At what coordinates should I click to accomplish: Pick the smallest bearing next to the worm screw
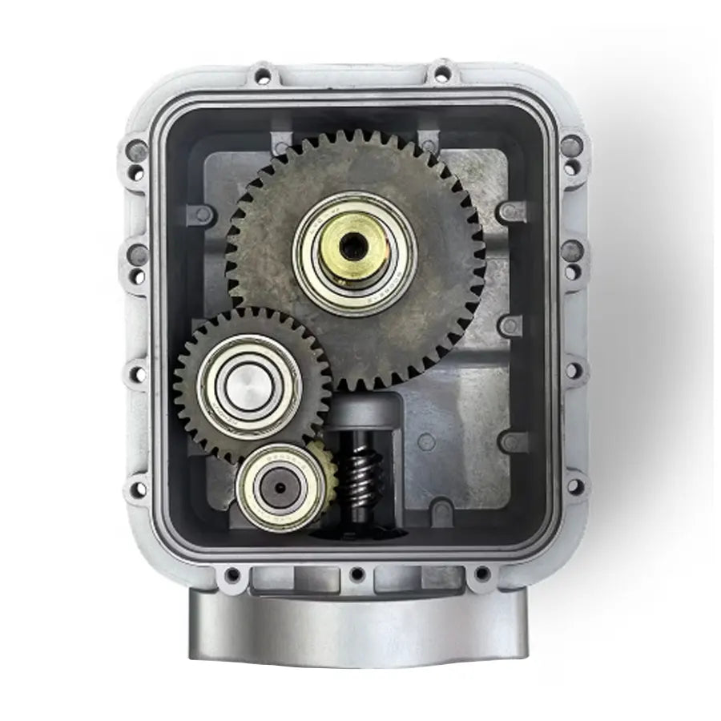click(x=281, y=486)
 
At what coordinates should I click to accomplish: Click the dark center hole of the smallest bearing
click(x=280, y=486)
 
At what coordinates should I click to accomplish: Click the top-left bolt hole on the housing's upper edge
click(x=261, y=77)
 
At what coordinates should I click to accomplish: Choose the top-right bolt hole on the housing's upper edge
click(x=441, y=75)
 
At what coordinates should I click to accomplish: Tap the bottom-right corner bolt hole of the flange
click(x=481, y=574)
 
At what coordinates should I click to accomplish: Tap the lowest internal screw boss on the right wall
click(x=508, y=441)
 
